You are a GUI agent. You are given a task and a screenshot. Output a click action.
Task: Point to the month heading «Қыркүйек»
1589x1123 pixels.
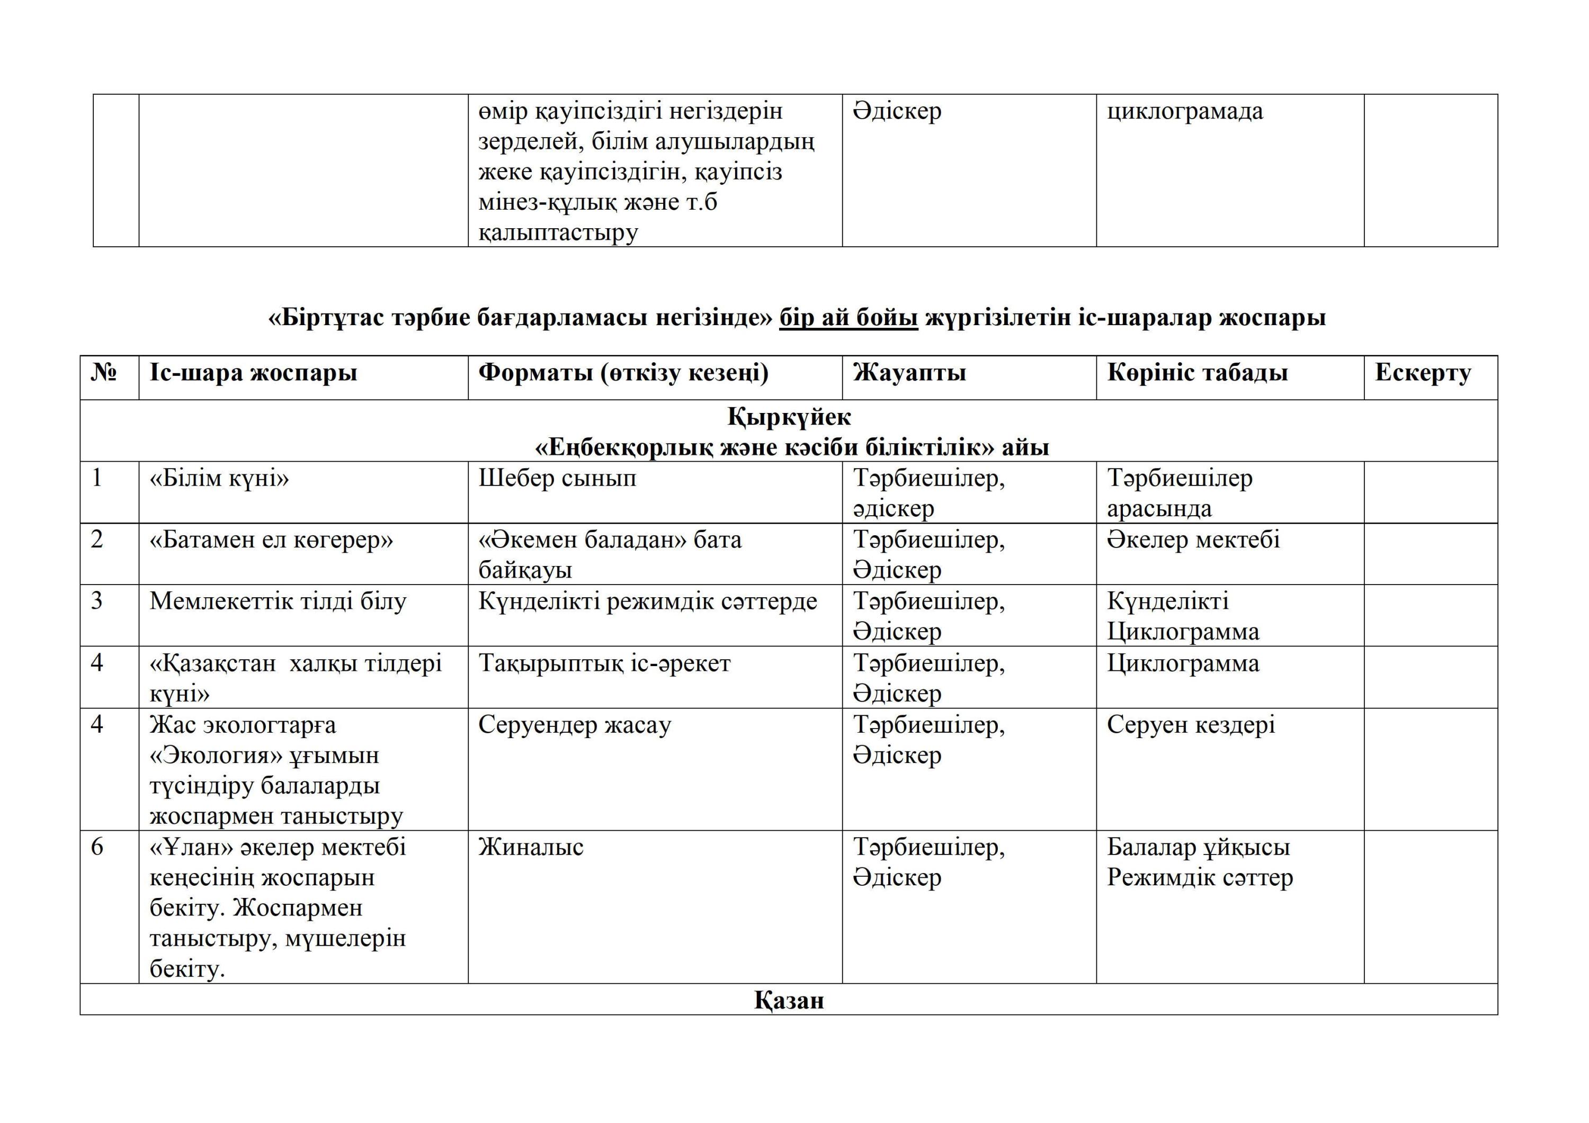pos(789,417)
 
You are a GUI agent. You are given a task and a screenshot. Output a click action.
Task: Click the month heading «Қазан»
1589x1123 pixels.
pos(789,1001)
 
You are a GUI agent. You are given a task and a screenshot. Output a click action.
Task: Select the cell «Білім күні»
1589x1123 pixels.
pos(219,478)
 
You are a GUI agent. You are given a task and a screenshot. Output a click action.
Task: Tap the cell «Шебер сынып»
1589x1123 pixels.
pos(557,478)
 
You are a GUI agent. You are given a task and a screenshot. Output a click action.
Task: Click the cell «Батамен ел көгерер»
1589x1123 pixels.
pos(271,540)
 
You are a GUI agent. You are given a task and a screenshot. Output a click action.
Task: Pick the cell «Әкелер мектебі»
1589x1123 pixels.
pos(1193,540)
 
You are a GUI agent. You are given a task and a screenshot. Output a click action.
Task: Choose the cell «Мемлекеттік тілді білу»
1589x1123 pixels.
pos(278,601)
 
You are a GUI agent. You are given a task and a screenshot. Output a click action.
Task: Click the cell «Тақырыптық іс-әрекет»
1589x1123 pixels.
pos(604,663)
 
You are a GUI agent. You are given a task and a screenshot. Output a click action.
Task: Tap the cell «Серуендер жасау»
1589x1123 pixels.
pos(574,725)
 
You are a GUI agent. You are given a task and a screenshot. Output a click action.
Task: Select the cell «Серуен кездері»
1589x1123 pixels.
pos(1190,725)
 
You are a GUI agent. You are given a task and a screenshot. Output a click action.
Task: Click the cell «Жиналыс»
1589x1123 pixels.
pos(531,848)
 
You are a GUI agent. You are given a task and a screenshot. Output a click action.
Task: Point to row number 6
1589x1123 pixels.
pos(97,848)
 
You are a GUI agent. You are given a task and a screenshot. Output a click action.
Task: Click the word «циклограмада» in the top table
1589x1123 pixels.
pos(1185,111)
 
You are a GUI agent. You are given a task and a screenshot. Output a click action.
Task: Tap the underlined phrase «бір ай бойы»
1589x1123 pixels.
pos(848,318)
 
